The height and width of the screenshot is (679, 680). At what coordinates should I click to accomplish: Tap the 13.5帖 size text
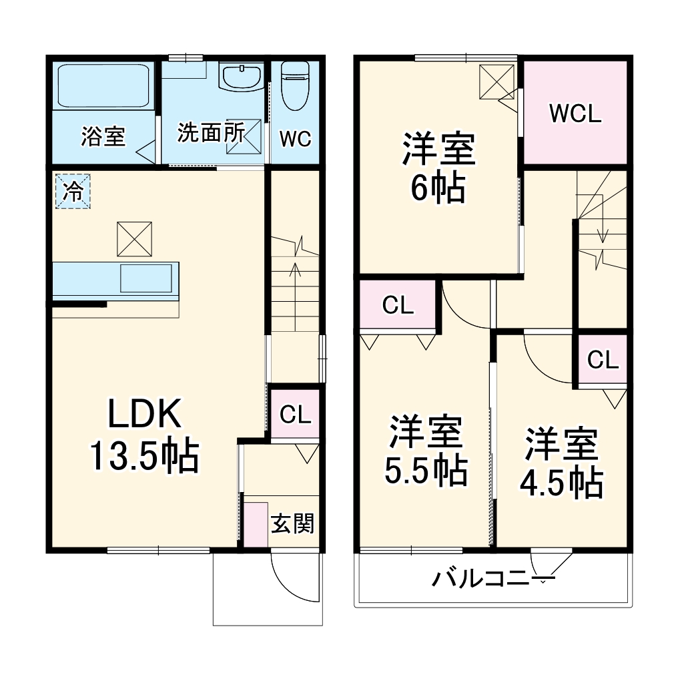click(x=144, y=458)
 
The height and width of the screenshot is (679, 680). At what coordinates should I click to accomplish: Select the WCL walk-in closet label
click(x=575, y=113)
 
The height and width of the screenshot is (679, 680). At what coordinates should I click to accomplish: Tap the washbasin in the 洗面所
click(x=242, y=77)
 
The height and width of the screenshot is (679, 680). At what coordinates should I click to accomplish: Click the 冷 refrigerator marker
click(x=72, y=192)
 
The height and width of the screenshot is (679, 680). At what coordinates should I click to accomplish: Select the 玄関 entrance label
click(x=292, y=525)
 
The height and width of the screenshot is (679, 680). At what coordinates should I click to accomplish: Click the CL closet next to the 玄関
click(x=295, y=415)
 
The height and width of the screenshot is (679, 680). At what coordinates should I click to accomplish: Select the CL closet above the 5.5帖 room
click(x=398, y=306)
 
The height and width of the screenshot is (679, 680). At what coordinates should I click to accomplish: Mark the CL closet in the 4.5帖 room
click(x=603, y=361)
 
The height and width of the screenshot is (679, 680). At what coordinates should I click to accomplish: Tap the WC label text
click(x=295, y=139)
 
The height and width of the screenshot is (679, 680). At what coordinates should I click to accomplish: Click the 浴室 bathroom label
click(x=103, y=136)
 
